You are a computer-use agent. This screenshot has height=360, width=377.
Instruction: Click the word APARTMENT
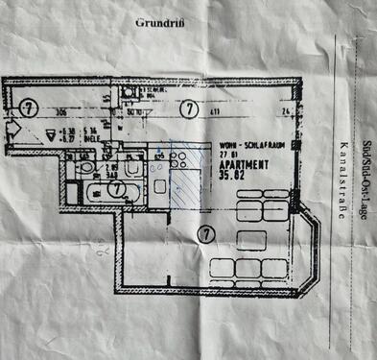(236, 164)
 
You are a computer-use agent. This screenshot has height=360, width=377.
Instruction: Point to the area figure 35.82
(232, 176)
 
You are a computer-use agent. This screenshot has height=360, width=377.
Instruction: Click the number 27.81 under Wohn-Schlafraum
(227, 152)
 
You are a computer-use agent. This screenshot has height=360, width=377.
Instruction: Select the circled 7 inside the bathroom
(115, 189)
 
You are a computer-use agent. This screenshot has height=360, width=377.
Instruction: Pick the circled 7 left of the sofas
(203, 233)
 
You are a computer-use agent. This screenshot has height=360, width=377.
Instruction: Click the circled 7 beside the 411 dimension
(189, 108)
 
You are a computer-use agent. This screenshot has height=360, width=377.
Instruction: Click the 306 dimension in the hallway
(59, 112)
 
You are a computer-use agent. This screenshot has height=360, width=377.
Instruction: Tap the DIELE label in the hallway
(94, 136)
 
